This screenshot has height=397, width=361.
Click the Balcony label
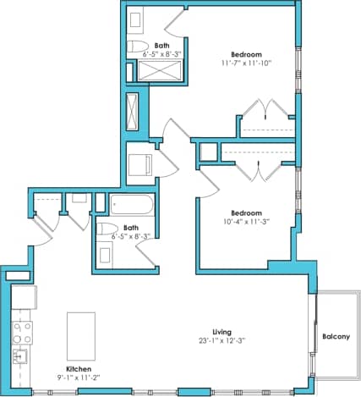[336, 338]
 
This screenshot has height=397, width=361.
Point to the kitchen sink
[19, 354]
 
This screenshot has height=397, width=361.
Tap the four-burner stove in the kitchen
[20, 328]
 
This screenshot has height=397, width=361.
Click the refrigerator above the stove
[23, 297]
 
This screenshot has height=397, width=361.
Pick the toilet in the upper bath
[137, 46]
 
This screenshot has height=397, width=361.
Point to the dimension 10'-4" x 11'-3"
[247, 223]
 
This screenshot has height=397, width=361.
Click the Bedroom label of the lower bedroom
[247, 212]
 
